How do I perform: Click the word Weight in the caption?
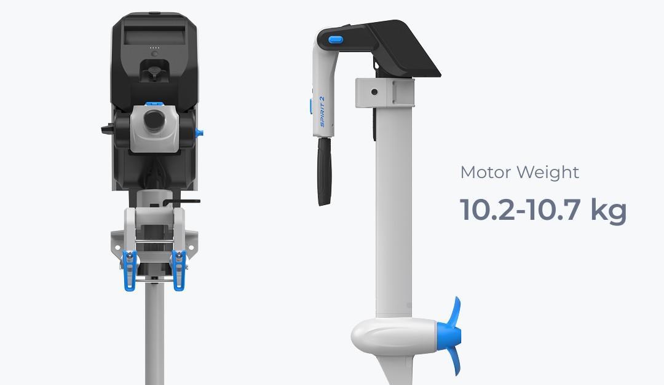pyautogui.click(x=548, y=173)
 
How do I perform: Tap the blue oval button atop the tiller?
pyautogui.click(x=336, y=40)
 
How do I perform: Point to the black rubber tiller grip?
pyautogui.click(x=325, y=171)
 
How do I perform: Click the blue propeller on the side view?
pyautogui.click(x=451, y=335)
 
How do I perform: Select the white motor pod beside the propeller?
pyautogui.click(x=395, y=336)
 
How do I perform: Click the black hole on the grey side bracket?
pyautogui.click(x=374, y=92)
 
